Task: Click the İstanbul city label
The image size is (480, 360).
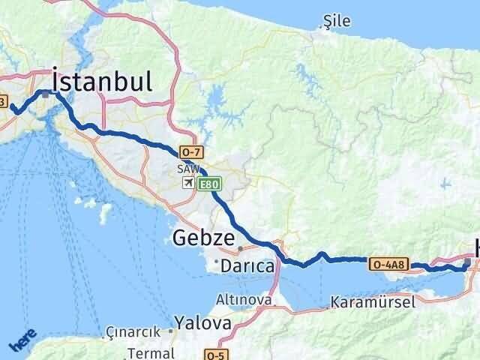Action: [103, 80]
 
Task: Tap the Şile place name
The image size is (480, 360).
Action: [336, 22]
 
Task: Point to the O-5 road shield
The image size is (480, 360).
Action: [214, 354]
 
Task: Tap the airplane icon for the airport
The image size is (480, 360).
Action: [187, 182]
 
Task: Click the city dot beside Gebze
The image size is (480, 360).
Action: [240, 248]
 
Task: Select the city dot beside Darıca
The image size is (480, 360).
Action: [215, 262]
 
